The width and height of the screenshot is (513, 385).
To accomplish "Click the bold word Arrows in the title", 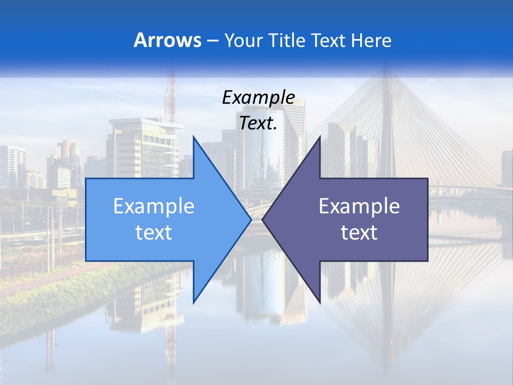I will [x=168, y=40].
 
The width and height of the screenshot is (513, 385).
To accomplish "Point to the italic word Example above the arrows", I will [x=258, y=97].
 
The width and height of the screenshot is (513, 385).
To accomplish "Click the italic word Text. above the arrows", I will [x=258, y=123].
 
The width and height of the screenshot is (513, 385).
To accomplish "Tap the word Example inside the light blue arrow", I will [x=154, y=206].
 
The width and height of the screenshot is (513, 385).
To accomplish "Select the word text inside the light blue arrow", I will [x=154, y=232].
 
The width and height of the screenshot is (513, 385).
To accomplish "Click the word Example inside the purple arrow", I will [x=359, y=206].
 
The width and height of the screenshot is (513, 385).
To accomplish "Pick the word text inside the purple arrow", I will [x=359, y=232].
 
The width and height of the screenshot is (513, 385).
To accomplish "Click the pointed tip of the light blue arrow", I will [x=251, y=219].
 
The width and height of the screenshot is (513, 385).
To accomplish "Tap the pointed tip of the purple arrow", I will [x=262, y=219].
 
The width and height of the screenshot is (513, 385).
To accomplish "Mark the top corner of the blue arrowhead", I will [x=193, y=137].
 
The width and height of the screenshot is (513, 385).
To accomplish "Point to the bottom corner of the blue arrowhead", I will [x=193, y=302].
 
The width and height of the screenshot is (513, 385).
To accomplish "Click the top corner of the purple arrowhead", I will [x=320, y=137].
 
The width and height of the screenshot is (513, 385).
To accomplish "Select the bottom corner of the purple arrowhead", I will [x=320, y=302].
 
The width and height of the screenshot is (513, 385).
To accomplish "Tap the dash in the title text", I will [x=212, y=41].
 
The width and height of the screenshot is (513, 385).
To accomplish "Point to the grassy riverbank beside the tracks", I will [x=80, y=294].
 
